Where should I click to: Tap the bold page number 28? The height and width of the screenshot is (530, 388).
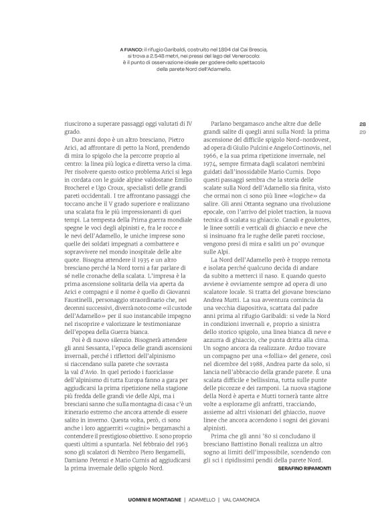coord(362,124)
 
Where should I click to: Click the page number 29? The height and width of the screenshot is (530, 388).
coord(362,132)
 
